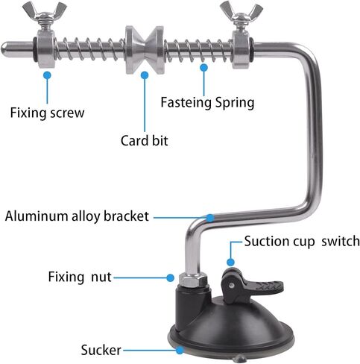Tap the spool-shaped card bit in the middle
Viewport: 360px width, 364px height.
145,50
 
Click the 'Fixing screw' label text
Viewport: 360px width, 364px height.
47,113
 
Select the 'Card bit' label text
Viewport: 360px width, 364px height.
145,140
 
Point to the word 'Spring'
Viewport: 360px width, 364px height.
235,103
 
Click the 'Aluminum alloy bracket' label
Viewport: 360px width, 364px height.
77,216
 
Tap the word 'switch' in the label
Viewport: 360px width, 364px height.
341,241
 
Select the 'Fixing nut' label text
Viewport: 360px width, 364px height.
80,277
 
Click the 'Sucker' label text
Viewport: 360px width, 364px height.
101,350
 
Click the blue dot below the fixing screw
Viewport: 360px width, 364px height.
47,75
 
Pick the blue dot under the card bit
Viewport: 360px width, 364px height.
145,75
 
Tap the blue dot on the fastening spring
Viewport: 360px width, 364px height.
204,67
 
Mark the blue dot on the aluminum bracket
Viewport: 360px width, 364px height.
210,218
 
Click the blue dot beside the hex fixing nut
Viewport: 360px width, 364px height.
170,277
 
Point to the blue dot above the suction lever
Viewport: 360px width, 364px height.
231,262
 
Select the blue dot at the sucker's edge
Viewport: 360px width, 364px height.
180,351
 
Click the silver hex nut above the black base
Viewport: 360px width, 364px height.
193,279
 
